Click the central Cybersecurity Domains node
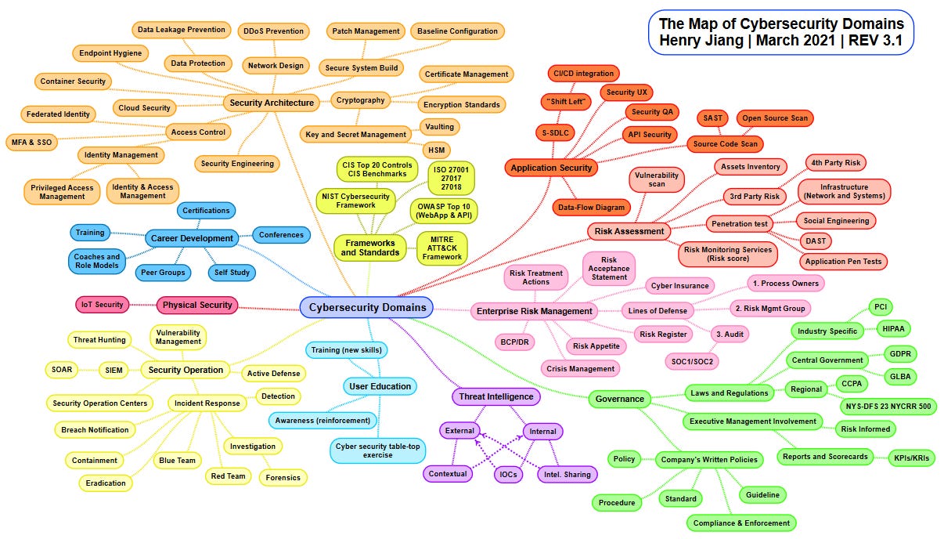click(366, 308)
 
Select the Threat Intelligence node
click(496, 396)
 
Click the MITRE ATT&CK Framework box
click(441, 246)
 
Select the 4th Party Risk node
click(835, 162)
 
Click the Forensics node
click(283, 476)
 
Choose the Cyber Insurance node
click(680, 286)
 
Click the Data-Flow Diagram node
click(592, 208)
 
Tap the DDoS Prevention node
click(272, 31)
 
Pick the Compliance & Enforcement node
click(741, 523)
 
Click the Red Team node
click(228, 476)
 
